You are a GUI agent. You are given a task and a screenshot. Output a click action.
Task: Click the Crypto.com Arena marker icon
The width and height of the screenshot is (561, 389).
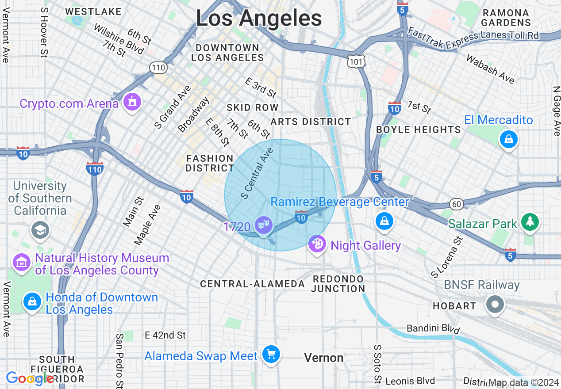click(131, 102)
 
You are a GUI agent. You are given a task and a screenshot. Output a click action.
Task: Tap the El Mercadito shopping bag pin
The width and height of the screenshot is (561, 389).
click(508, 140)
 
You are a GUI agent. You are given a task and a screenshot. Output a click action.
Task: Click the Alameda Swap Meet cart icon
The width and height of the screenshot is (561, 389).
click(271, 354)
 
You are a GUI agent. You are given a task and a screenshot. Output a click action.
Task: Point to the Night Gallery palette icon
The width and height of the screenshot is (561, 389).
click(317, 244)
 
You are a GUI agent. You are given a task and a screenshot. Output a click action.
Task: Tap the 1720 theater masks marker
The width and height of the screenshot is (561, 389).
click(263, 225)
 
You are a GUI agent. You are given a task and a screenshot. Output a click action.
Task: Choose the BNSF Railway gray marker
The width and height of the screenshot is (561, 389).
click(495, 304)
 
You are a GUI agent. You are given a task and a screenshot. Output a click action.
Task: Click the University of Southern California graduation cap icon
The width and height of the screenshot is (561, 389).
click(40, 229)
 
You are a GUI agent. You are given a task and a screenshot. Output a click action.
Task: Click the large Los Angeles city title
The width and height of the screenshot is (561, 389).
click(259, 19)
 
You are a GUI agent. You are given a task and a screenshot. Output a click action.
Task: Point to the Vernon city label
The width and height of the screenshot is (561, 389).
click(324, 358)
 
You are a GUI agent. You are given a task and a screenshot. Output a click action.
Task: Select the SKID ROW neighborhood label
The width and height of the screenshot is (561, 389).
click(252, 107)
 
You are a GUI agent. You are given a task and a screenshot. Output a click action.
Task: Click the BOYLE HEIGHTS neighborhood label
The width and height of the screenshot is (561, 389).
click(418, 130)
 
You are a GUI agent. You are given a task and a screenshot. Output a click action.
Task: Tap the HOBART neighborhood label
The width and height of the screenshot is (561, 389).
click(454, 306)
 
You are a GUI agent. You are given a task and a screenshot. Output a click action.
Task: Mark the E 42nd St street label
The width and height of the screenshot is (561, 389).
click(165, 335)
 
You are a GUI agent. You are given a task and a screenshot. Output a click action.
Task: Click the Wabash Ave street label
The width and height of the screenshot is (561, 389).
click(490, 69)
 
